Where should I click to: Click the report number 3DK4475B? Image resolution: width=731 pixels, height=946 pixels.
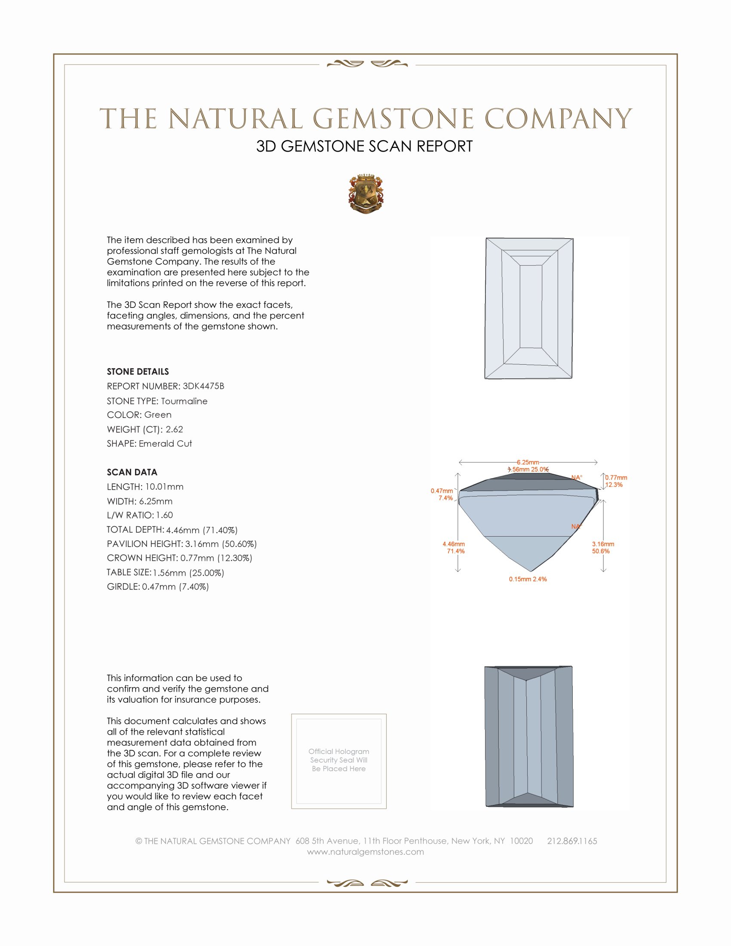point(203,386)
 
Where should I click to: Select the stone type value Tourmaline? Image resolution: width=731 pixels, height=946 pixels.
point(184,401)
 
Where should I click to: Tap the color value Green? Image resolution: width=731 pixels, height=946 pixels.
point(158,415)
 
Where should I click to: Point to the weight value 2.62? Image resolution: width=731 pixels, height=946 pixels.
point(174,429)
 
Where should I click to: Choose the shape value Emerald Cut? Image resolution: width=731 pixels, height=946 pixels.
point(165,444)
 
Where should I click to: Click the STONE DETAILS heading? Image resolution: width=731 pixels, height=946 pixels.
point(138,372)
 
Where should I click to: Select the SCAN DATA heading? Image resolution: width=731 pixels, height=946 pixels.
point(132,472)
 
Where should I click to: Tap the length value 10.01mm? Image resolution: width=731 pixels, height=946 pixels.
point(164,487)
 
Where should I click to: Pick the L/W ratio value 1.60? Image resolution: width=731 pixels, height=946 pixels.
point(164,515)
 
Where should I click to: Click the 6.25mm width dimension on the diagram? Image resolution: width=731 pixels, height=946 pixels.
point(528,462)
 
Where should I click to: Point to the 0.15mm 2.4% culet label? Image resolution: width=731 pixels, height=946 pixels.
point(528,579)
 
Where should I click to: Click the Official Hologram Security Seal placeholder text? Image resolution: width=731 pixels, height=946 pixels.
point(339,760)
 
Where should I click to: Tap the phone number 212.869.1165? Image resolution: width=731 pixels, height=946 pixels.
point(571,841)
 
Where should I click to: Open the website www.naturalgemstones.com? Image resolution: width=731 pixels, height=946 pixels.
point(365,852)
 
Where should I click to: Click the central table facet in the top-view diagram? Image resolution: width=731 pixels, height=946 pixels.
point(531,307)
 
